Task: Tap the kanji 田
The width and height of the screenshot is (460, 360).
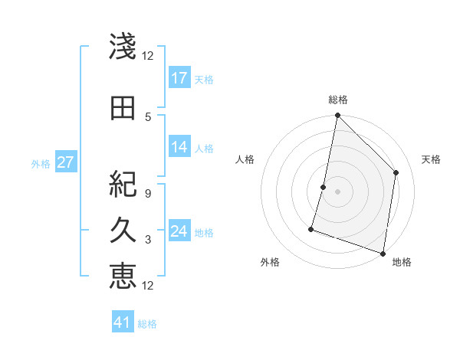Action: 123,108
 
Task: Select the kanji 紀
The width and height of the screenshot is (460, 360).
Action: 123,185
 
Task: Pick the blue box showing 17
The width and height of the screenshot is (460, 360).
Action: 179,78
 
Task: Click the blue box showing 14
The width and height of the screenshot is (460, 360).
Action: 179,147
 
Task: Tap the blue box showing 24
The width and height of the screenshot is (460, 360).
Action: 179,231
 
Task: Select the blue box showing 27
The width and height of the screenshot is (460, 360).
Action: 65,162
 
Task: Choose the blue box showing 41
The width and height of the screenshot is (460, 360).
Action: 123,322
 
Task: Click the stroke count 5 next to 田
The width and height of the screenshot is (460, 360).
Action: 148,116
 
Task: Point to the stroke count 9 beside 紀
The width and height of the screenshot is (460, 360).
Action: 148,193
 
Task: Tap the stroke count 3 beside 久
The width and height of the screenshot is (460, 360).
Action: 148,240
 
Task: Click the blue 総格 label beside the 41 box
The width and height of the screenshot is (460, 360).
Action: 147,324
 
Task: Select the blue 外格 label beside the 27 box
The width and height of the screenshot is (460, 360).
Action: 41,163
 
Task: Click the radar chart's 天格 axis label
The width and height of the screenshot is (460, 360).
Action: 431,159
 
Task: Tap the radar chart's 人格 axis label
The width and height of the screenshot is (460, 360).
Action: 245,159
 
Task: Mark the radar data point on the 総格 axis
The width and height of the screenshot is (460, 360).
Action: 337,116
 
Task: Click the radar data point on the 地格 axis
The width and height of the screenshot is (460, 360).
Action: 383,253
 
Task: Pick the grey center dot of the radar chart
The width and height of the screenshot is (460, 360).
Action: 337,191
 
